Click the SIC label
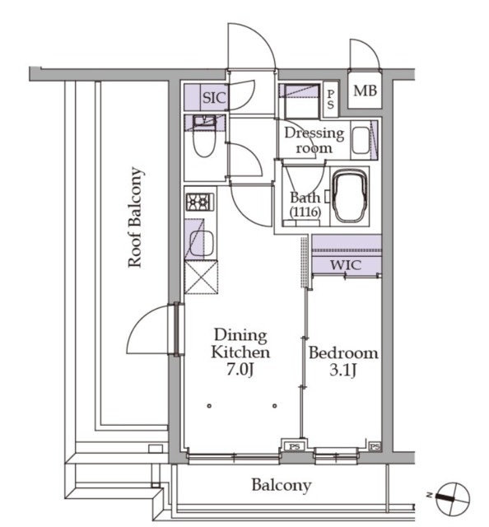click(214, 98)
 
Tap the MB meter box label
click(365, 91)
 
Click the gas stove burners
click(200, 203)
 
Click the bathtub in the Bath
click(350, 196)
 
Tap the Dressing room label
click(314, 140)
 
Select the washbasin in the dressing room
click(361, 141)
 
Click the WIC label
click(346, 265)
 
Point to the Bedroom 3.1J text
click(343, 361)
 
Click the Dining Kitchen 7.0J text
click(240, 352)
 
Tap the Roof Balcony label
click(136, 217)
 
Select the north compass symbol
click(452, 498)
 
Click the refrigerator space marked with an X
click(201, 277)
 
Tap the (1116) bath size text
click(305, 212)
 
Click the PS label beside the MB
click(331, 99)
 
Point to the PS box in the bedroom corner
click(375, 446)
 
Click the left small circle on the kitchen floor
click(209, 406)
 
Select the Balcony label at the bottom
click(282, 485)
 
